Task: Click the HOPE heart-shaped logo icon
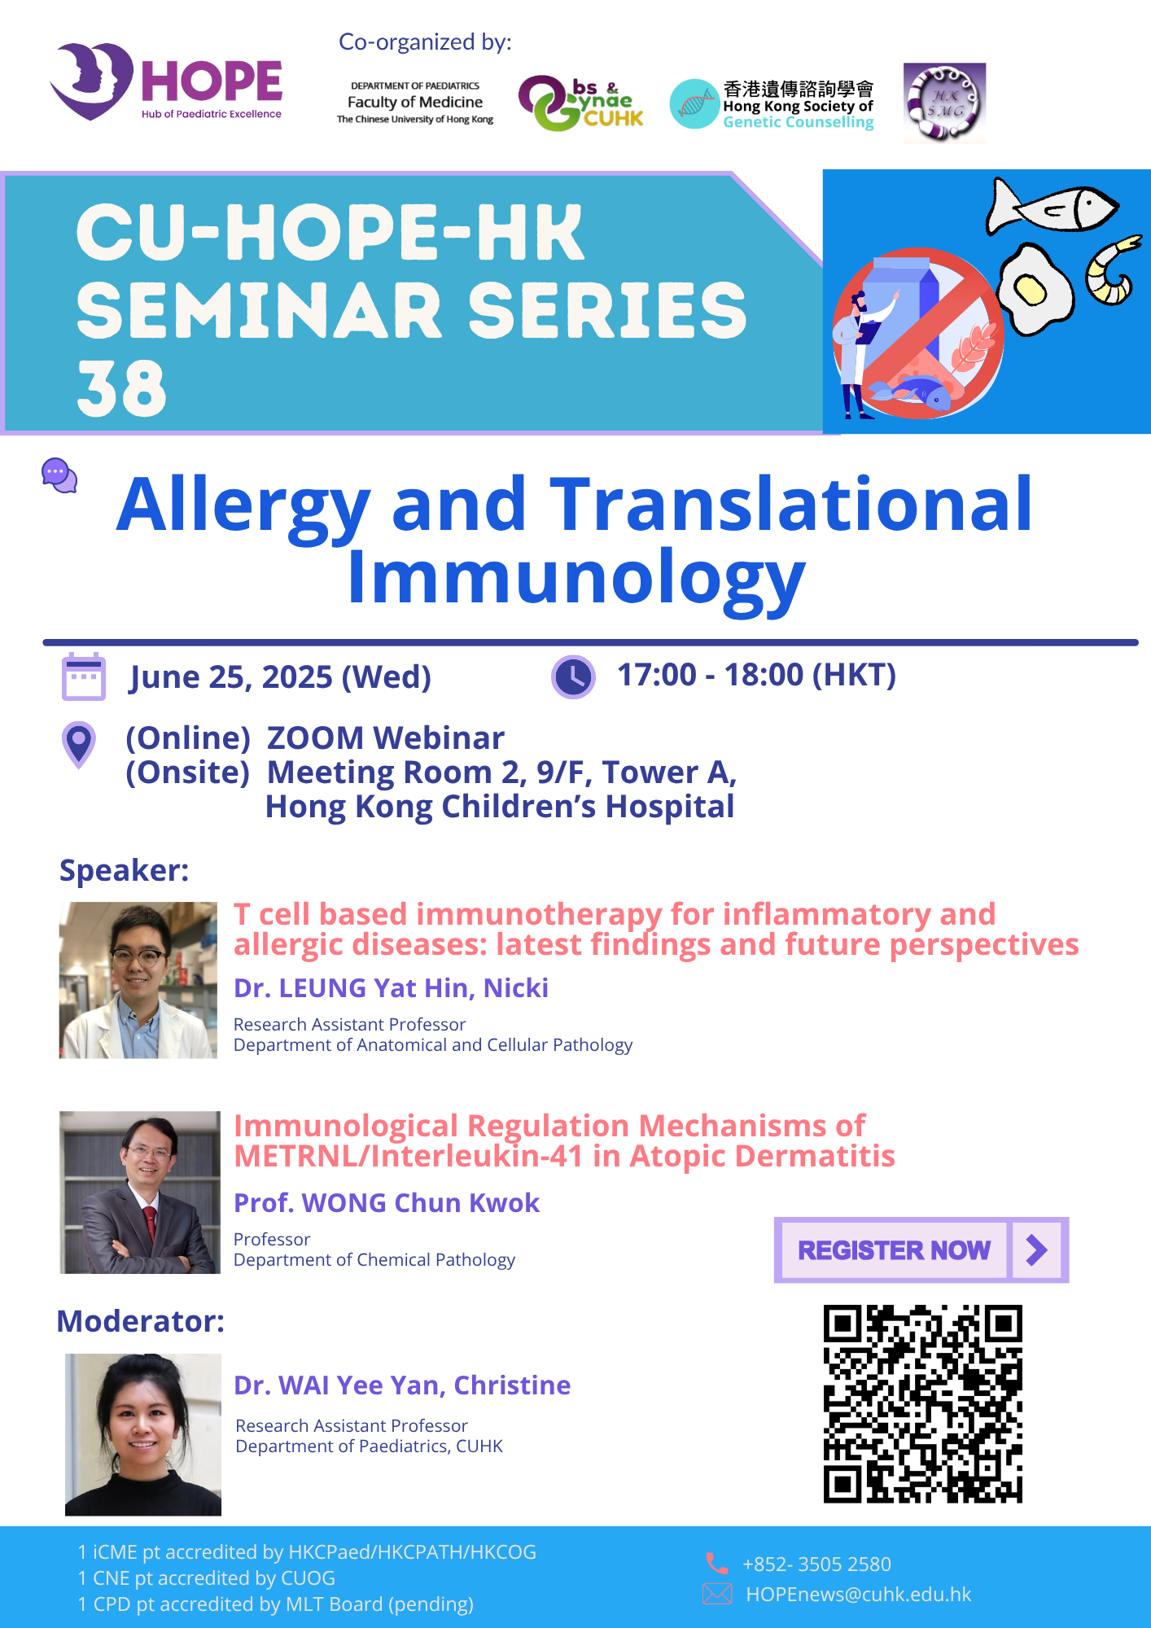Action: tap(91, 81)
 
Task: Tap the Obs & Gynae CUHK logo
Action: tap(580, 103)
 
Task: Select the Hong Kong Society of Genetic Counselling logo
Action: tap(772, 104)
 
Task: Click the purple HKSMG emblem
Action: tap(944, 103)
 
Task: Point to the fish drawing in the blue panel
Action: tap(1052, 207)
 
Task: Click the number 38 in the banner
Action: tap(121, 388)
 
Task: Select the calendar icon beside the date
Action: tap(84, 676)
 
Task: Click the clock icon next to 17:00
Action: tap(573, 676)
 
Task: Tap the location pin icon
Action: tap(79, 744)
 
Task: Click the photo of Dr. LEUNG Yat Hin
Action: tap(138, 980)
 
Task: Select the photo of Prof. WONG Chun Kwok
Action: tap(140, 1193)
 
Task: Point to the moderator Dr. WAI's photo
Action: tap(143, 1435)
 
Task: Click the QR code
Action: tap(922, 1403)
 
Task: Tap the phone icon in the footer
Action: tap(716, 1563)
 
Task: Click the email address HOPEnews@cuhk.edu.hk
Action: tap(859, 1595)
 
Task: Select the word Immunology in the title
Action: tap(576, 578)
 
